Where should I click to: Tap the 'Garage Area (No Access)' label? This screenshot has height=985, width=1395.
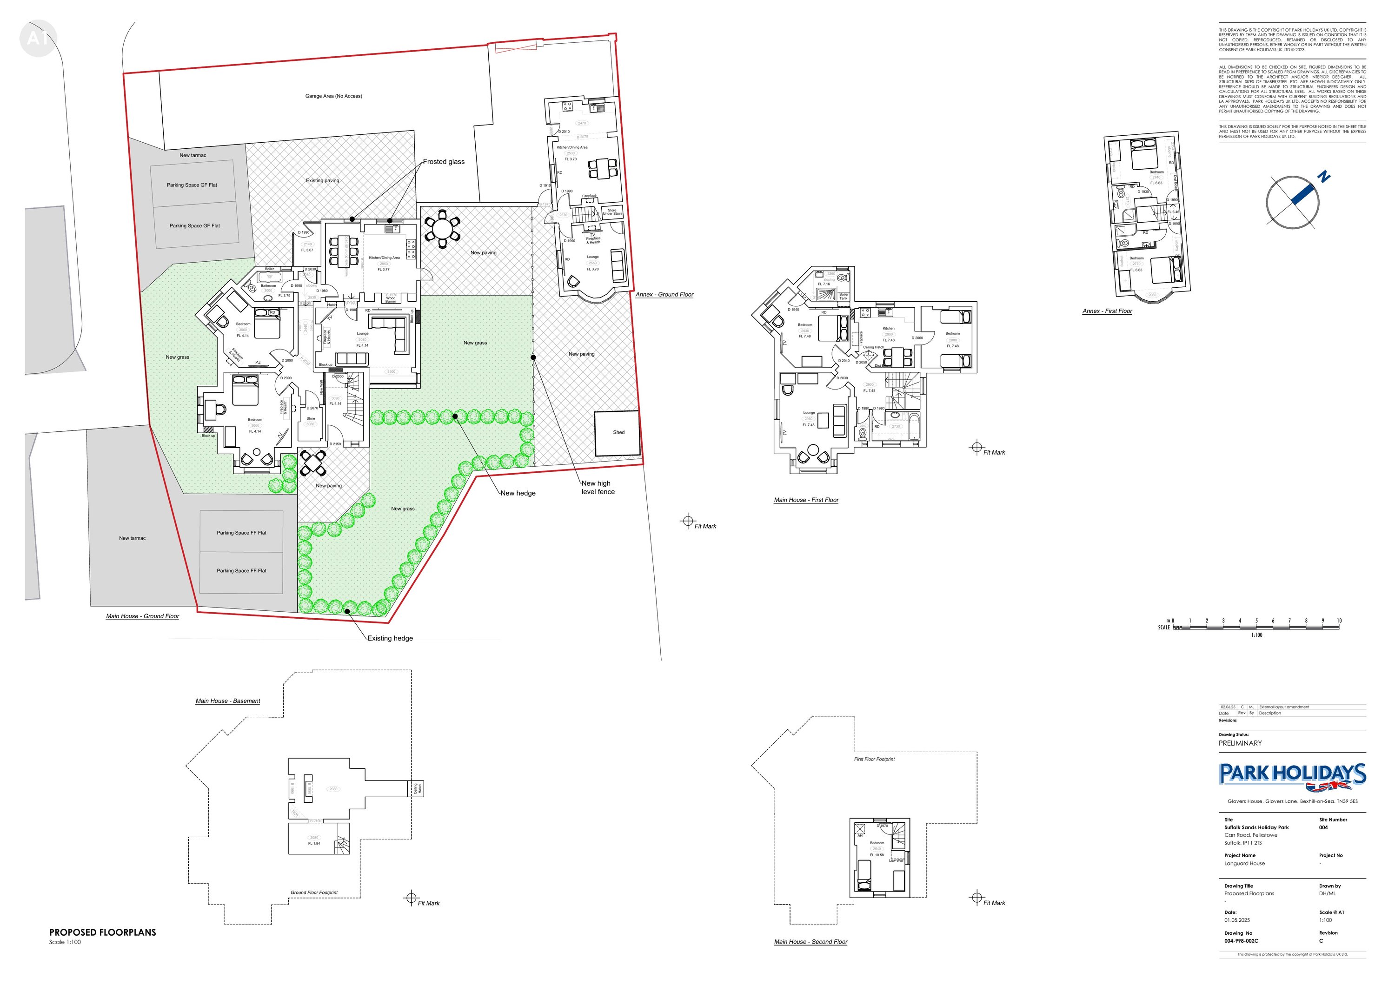[x=333, y=96]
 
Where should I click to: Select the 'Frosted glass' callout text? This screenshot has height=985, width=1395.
[x=444, y=162]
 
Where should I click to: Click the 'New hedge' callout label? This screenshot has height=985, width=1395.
[x=518, y=493]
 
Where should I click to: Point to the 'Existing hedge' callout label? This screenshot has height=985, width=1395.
[x=390, y=638]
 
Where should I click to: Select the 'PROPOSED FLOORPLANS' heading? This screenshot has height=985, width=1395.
[x=103, y=932]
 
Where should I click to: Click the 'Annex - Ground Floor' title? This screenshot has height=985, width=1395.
[x=664, y=295]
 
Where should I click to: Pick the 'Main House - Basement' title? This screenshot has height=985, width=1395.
[x=228, y=701]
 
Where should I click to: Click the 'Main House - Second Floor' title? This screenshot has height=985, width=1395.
[x=810, y=942]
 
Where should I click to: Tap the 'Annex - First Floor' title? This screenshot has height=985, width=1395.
[x=1107, y=311]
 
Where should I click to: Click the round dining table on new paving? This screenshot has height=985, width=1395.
[x=442, y=230]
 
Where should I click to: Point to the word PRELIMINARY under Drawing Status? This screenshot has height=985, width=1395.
[x=1240, y=743]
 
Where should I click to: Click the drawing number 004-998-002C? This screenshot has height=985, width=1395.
[x=1241, y=941]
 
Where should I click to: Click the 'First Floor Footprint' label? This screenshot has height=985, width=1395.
[x=874, y=759]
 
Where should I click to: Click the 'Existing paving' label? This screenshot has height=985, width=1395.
[x=323, y=180]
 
